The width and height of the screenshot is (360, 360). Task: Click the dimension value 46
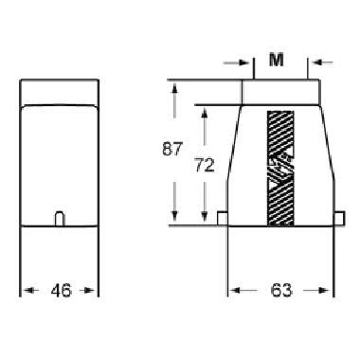[59, 292]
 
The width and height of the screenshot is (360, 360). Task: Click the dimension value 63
[281, 292]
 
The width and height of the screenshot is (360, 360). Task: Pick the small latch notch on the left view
[59, 218]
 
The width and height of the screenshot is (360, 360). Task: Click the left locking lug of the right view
[222, 218]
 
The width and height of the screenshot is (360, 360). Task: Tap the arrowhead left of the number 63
[234, 291]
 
